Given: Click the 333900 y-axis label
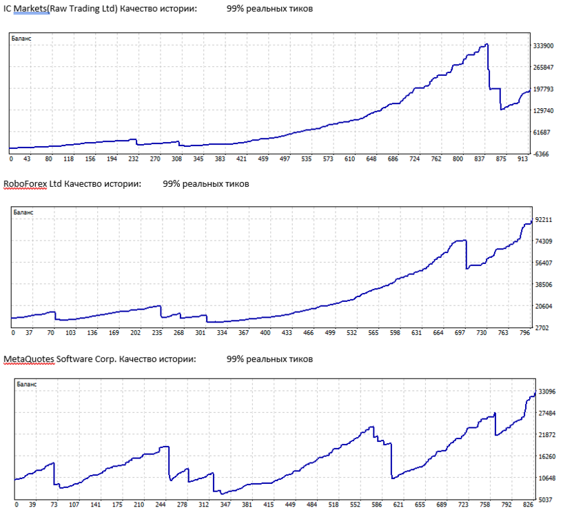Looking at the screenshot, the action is click(x=543, y=46).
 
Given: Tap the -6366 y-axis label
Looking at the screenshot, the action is click(x=542, y=154).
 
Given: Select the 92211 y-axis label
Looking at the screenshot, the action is click(x=544, y=219).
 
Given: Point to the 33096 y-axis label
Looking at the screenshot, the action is click(x=547, y=392).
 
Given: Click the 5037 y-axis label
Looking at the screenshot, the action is click(x=546, y=500).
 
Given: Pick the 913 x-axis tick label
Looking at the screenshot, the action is click(x=522, y=159).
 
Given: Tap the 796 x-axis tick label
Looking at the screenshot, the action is click(x=524, y=333).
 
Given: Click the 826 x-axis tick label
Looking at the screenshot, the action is click(x=528, y=505).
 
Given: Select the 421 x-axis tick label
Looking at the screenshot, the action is click(x=242, y=159).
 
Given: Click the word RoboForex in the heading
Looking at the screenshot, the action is click(x=25, y=184).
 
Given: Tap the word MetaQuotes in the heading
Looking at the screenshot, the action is click(x=29, y=359).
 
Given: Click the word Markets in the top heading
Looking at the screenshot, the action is click(x=31, y=9).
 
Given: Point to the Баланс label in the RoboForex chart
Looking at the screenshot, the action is click(x=23, y=212).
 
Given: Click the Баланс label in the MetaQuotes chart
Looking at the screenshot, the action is click(x=27, y=385).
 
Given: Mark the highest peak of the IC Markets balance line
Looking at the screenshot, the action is click(x=487, y=44).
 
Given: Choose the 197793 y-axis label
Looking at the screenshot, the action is click(x=543, y=89).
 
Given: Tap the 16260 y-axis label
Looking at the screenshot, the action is click(x=547, y=456).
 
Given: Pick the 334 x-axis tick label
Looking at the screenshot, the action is click(x=222, y=333).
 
